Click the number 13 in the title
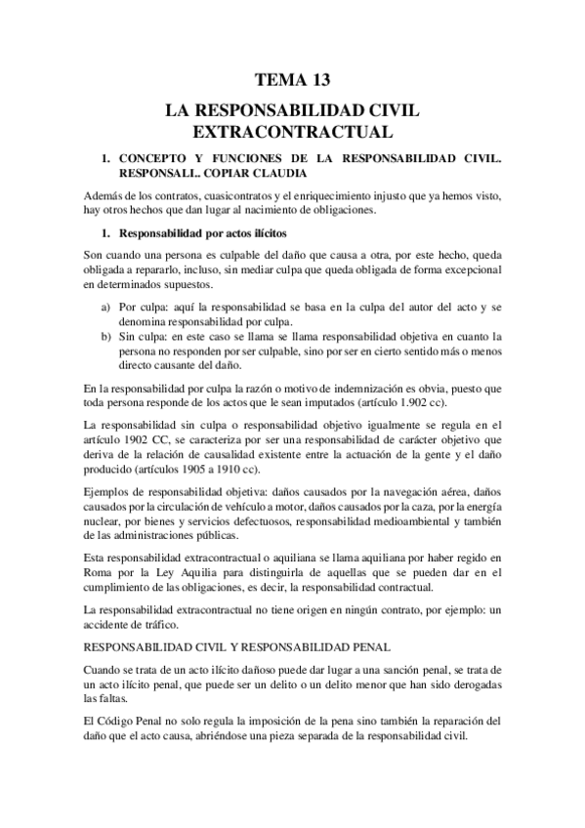click(319, 79)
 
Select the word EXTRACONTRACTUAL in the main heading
click(292, 129)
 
